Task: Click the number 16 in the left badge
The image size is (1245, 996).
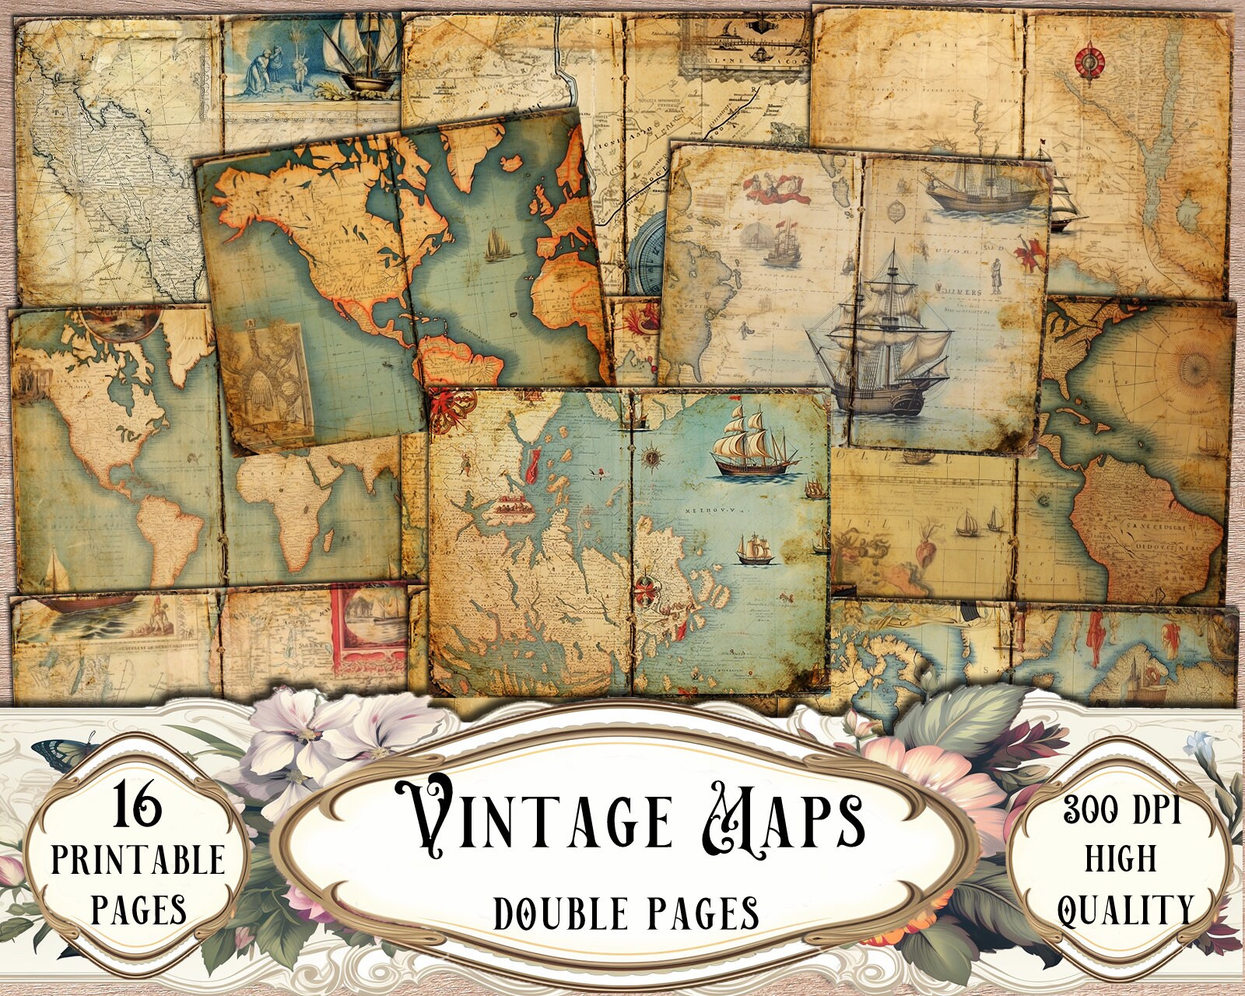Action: click(138, 806)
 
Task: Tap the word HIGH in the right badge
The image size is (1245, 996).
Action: click(1120, 858)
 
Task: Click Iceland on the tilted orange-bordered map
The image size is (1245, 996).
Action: click(512, 162)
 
